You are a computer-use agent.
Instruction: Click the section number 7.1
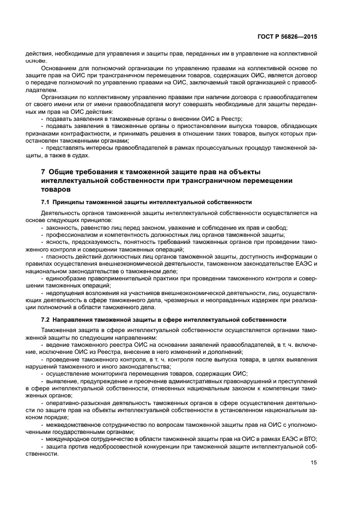tap(46, 201)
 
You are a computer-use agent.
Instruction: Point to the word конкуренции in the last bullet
tap(162, 445)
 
